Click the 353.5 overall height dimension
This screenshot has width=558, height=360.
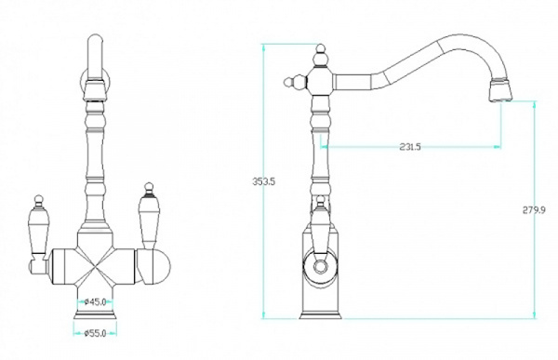coord(264,181)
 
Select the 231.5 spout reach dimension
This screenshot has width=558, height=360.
coord(410,147)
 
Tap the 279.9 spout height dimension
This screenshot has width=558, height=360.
coord(534,210)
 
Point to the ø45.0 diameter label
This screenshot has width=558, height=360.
coord(95,302)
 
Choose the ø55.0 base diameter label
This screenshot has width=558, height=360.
coord(95,333)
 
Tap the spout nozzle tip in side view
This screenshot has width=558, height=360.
coord(500,89)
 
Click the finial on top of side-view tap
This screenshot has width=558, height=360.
coord(321,56)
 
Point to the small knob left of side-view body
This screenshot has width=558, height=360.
coord(294,82)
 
